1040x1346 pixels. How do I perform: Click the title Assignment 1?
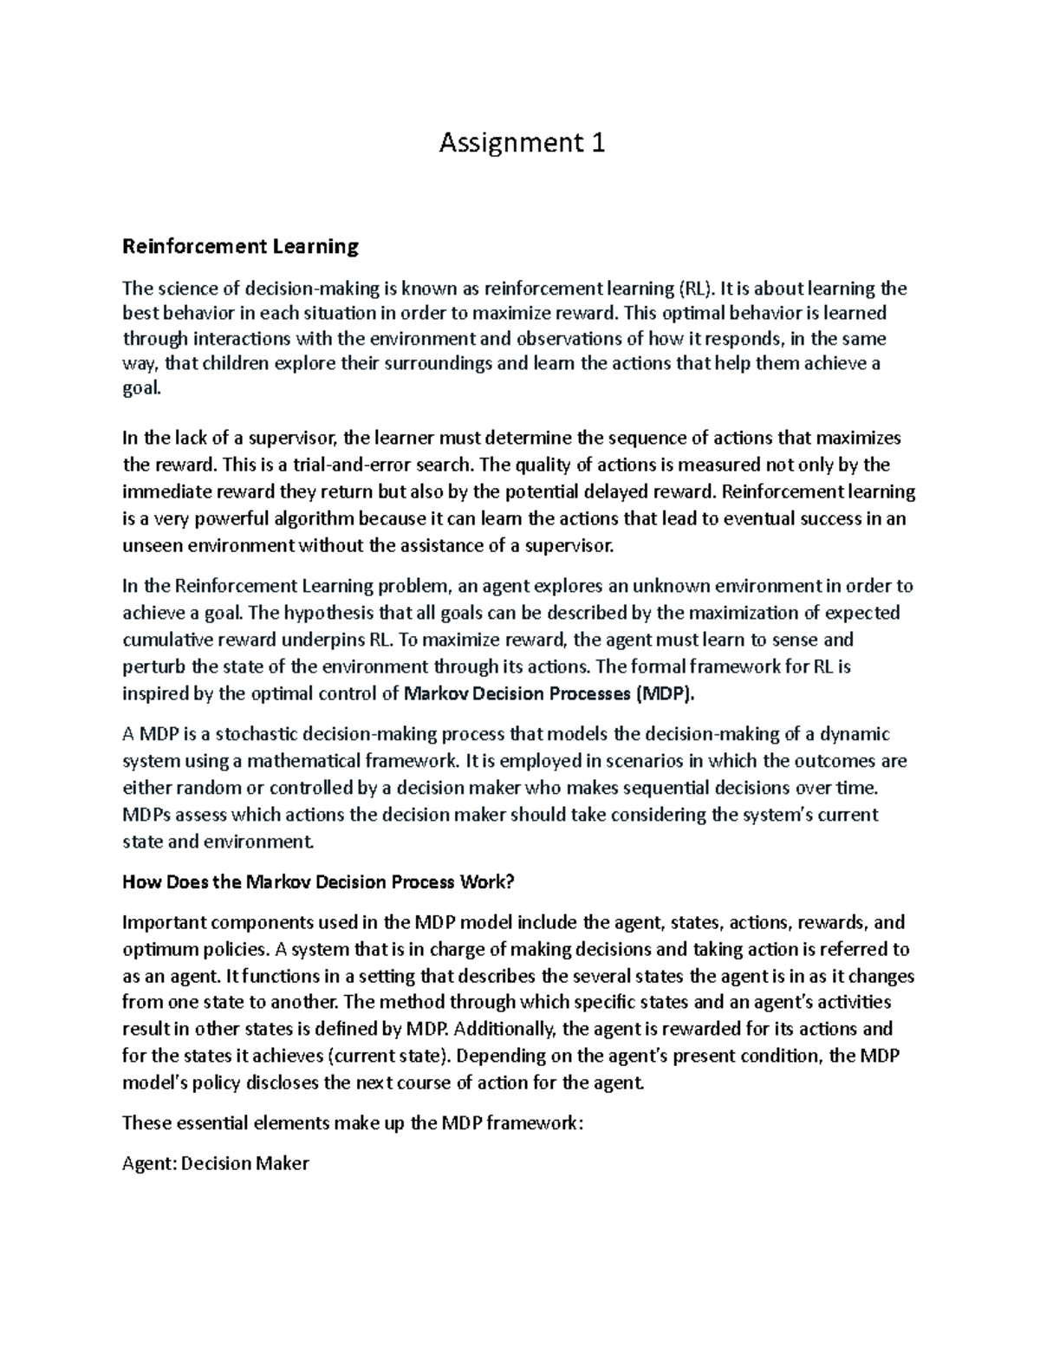[522, 142]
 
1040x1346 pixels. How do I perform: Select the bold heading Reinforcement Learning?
[240, 247]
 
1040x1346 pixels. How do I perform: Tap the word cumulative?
[167, 640]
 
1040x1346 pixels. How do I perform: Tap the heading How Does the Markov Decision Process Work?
[319, 882]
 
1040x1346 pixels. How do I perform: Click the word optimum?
[161, 949]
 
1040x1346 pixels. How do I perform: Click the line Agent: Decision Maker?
[216, 1163]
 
